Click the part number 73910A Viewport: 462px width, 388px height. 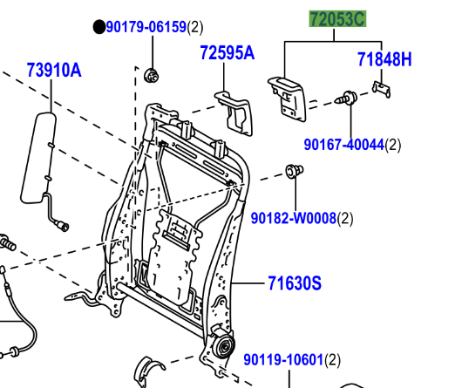coord(53,69)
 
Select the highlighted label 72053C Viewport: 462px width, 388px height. coord(336,18)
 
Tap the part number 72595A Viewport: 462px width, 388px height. coord(227,53)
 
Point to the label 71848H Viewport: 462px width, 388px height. coord(384,59)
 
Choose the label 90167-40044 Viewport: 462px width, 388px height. coord(343,145)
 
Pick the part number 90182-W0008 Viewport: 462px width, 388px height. coord(293,217)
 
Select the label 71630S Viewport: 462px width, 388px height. coord(294,282)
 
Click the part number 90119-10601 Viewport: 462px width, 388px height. coord(282,359)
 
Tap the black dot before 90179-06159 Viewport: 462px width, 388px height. coord(99,28)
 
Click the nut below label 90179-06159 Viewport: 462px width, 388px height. coord(151,73)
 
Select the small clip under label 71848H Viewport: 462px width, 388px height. coord(380,86)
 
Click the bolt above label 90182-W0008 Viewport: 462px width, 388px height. coord(294,171)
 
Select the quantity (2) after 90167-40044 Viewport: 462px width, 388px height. coord(393,145)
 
